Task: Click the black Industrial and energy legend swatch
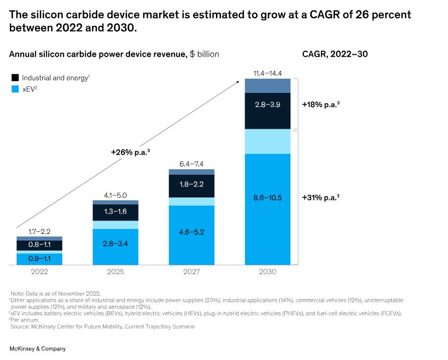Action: point(15,78)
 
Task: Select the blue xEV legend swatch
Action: point(15,89)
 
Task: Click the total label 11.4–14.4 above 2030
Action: point(268,73)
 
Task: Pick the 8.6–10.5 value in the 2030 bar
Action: point(268,198)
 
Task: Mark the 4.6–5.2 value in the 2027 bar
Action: point(192,232)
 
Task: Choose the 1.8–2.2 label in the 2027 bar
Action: point(192,185)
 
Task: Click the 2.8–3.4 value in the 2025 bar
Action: point(116,244)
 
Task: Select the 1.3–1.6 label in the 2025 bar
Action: point(116,212)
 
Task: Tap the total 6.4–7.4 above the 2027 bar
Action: point(192,164)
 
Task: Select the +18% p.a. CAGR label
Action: point(320,105)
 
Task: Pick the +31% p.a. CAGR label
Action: point(320,198)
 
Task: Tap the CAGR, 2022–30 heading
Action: point(335,54)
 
